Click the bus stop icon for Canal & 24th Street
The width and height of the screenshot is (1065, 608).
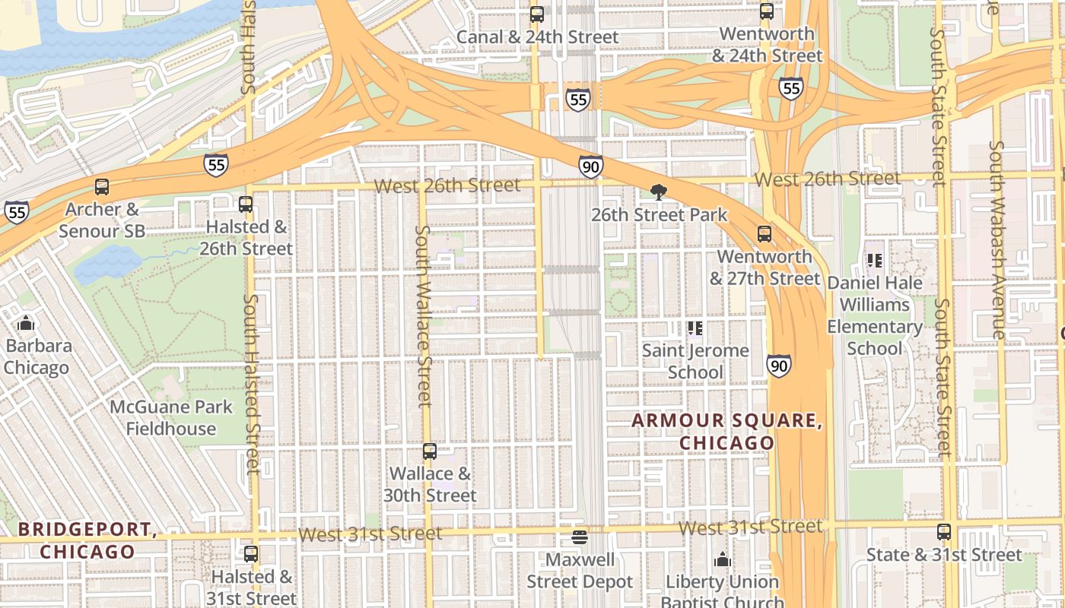tap(537, 14)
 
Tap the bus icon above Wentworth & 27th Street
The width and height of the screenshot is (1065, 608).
tap(765, 234)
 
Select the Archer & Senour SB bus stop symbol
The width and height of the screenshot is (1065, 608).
tap(101, 187)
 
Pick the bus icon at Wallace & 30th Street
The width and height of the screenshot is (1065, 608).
tap(430, 451)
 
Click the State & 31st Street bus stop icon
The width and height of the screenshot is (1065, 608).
tap(944, 532)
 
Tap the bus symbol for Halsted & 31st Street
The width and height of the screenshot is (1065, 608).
tap(251, 554)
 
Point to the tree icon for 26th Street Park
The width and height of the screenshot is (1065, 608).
tap(659, 192)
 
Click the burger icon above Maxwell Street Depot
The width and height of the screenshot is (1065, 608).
tap(580, 537)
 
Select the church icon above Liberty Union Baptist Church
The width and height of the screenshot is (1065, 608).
tap(723, 560)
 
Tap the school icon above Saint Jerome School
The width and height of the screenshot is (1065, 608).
tap(695, 328)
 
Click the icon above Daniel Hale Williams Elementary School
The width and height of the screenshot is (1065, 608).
tap(875, 261)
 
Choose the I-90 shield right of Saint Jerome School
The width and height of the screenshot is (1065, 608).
tap(778, 366)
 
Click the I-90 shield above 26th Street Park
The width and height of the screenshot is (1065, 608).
tap(590, 166)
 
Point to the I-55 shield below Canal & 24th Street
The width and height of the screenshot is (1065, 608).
tap(577, 99)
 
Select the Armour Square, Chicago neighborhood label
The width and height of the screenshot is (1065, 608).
tap(726, 431)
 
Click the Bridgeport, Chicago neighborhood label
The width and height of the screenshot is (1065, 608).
tap(87, 540)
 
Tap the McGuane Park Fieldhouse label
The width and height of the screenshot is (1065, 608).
tap(171, 417)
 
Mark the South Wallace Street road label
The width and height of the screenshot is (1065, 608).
tap(424, 315)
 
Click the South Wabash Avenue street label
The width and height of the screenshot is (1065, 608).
tap(997, 239)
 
